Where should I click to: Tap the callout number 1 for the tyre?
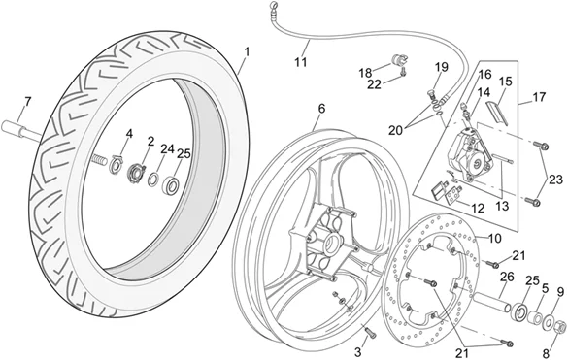click(247, 52)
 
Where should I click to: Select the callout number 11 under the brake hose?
click(300, 62)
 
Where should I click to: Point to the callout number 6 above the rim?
click(321, 109)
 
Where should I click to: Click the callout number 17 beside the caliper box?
click(539, 97)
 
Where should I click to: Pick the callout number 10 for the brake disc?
click(495, 239)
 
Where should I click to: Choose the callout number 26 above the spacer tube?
click(507, 278)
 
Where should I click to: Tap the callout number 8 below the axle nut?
click(546, 353)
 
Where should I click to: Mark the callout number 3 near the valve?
click(358, 351)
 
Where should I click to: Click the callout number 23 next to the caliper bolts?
click(555, 180)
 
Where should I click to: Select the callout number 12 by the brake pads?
click(478, 208)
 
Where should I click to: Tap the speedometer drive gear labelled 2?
click(136, 172)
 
